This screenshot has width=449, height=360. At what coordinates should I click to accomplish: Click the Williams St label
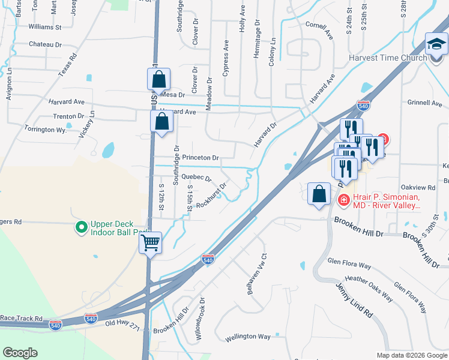[45, 27]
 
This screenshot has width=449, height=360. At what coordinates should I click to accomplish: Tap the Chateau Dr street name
[46, 44]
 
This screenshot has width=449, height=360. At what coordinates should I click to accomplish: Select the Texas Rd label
[68, 65]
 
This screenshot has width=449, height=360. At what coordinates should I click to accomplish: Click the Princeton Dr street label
[201, 158]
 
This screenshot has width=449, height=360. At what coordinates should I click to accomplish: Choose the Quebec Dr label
[196, 178]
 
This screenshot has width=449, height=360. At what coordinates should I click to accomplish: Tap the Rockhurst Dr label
[212, 194]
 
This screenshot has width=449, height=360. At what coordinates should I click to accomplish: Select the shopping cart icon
[151, 243]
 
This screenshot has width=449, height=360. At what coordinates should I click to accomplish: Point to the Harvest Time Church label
[388, 58]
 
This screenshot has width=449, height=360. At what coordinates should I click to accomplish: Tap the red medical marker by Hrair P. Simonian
[344, 200]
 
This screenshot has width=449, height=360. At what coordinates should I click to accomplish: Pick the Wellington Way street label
[248, 337]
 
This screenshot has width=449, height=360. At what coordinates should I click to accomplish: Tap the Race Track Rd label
[22, 318]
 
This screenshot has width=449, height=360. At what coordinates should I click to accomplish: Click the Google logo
[20, 353]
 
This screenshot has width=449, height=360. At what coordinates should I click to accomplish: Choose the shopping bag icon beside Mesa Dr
[159, 79]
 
